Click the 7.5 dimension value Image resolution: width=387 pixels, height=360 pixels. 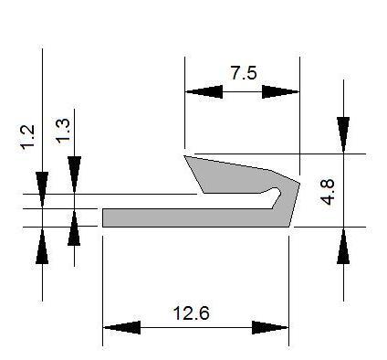click(x=244, y=73)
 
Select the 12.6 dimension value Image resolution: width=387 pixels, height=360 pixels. click(x=192, y=313)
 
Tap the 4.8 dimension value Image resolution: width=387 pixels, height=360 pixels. click(x=328, y=192)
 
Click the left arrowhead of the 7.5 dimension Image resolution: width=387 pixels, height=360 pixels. click(x=204, y=91)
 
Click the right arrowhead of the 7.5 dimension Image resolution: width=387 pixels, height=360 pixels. click(x=281, y=91)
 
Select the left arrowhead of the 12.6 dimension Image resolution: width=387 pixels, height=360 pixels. click(x=121, y=328)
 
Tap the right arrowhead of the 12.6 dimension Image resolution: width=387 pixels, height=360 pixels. click(x=270, y=328)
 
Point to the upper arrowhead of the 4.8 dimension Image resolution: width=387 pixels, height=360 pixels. click(x=343, y=135)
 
